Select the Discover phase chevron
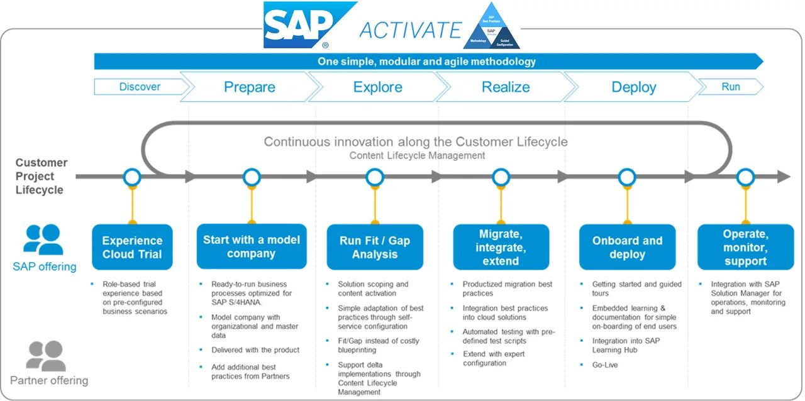click(x=140, y=87)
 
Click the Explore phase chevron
click(x=377, y=87)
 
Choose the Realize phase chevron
click(x=506, y=87)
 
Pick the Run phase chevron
click(x=730, y=87)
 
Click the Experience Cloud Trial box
click(x=132, y=247)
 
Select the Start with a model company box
click(x=252, y=246)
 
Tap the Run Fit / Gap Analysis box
click(x=375, y=247)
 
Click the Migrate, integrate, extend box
click(x=501, y=247)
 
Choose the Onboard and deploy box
click(x=627, y=247)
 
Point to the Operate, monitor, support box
click(x=745, y=247)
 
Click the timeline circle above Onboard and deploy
click(x=627, y=177)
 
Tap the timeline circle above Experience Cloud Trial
click(x=132, y=177)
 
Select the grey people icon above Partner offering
click(x=45, y=356)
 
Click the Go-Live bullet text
click(x=605, y=365)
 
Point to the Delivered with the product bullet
click(x=255, y=350)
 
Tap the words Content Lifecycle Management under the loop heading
click(x=417, y=155)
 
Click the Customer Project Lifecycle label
click(x=41, y=176)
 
